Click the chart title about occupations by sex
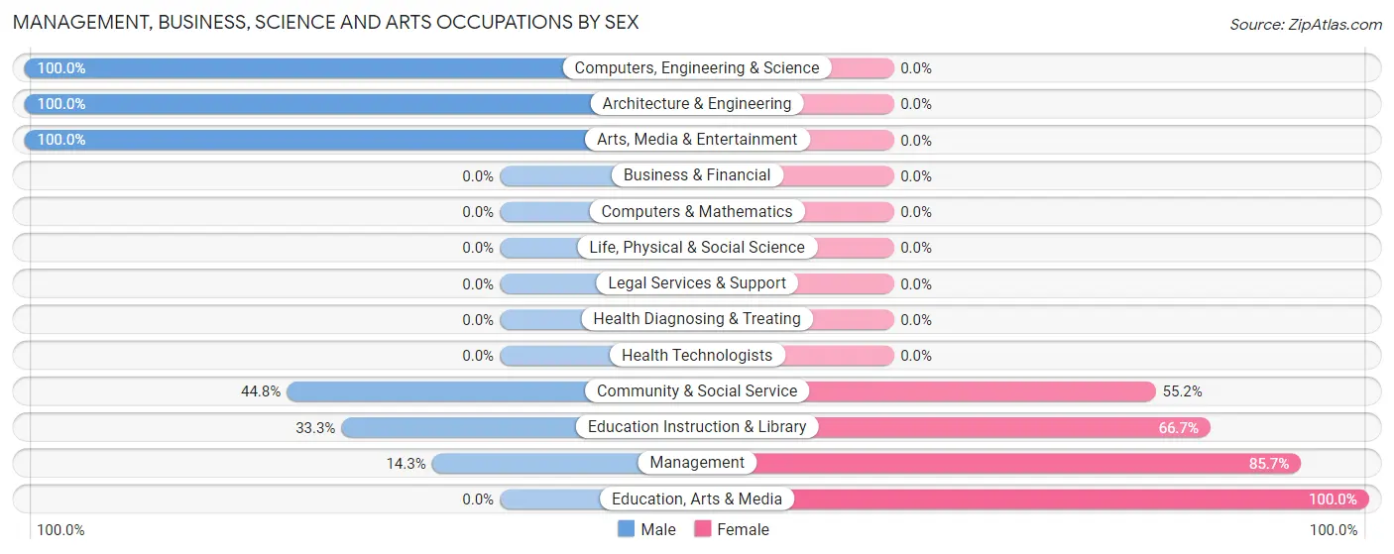[x=325, y=22]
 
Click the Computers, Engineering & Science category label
[x=697, y=68]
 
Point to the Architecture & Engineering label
[x=697, y=104]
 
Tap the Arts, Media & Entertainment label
[x=697, y=140]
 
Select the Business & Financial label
[x=697, y=175]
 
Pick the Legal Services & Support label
[x=697, y=283]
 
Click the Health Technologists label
[x=697, y=355]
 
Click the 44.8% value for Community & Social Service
[x=261, y=391]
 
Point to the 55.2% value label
[x=1183, y=391]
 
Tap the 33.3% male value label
[x=315, y=428]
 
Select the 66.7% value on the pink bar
[x=1179, y=428]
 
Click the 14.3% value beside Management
[x=407, y=464]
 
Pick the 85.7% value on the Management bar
[x=1269, y=464]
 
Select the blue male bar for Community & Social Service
[x=436, y=391]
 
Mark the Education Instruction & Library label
[x=697, y=427]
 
